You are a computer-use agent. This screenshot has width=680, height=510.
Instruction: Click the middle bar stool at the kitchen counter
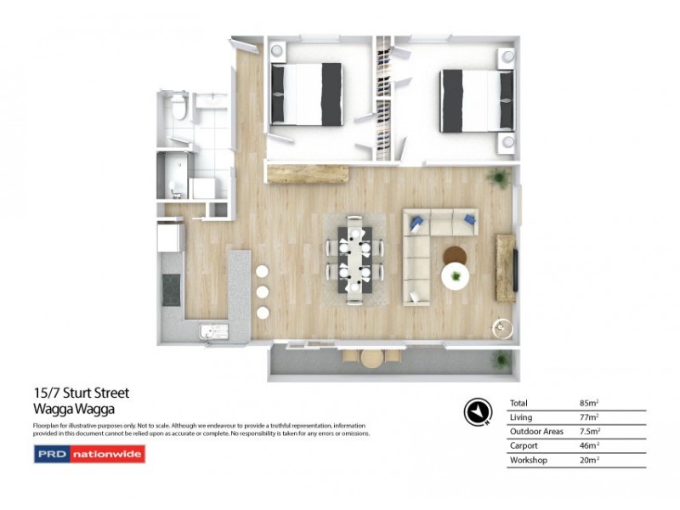pos(263,291)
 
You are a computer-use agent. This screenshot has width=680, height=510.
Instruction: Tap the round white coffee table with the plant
pos(457,275)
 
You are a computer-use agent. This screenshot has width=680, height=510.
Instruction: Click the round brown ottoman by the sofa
pos(455,255)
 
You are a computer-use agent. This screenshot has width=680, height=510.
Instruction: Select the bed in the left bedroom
pos(306,93)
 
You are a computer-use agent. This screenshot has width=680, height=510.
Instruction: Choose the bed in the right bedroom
pos(477,99)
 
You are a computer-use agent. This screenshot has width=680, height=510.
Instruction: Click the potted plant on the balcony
pos(503,359)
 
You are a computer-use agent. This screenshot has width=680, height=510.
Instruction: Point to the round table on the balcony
pos(372,360)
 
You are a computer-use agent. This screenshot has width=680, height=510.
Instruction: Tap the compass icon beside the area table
pos(477,411)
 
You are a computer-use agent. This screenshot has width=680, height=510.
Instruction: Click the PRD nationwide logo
pos(89,454)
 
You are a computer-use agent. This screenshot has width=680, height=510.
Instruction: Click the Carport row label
pos(523,445)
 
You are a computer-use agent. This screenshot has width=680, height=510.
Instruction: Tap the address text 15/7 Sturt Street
pos(81,393)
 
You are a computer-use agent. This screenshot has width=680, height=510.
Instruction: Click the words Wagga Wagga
pos(72,408)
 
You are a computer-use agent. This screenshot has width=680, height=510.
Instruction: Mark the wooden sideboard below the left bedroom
pos(308,173)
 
